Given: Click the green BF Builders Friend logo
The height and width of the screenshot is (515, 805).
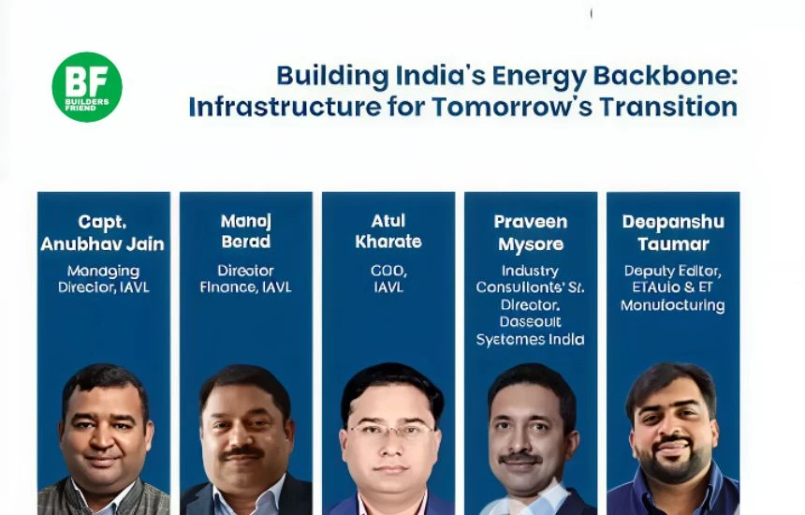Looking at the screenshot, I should click(86, 86).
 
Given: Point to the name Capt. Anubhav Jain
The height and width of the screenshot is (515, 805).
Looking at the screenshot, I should click(102, 233).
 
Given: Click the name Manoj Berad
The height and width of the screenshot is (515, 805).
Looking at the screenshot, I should click(245, 231).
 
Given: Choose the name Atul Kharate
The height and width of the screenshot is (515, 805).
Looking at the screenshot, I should click(388, 231).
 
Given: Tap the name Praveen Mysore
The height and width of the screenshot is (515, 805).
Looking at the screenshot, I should click(530, 233).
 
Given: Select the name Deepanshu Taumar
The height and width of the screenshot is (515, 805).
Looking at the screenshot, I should click(673, 233).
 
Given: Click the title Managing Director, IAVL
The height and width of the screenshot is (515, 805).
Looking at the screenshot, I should click(103, 279).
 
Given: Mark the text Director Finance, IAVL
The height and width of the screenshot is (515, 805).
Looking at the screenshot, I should click(245, 279).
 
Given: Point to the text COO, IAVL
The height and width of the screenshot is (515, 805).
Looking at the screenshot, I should click(388, 279).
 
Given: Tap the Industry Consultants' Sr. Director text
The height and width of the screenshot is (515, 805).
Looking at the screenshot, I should click(530, 296).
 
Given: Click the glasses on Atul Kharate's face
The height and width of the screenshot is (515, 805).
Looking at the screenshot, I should click(391, 431).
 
